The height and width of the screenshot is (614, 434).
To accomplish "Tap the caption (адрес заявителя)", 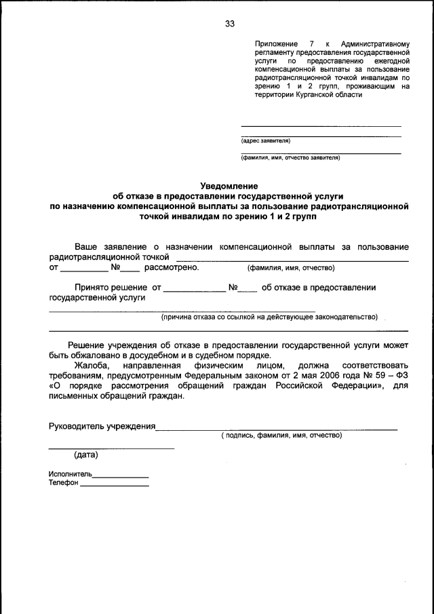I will click(x=265, y=141).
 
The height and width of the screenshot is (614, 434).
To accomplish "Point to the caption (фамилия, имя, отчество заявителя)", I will click(x=290, y=158).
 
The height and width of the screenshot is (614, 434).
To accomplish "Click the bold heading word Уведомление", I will click(x=229, y=185).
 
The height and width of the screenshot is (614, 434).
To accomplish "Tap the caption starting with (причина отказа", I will click(x=269, y=317).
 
